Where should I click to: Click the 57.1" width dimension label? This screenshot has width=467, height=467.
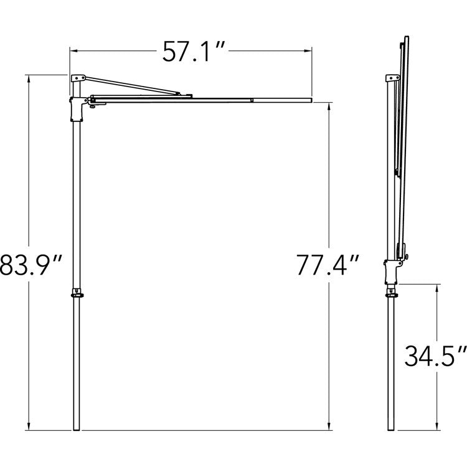click(x=193, y=52)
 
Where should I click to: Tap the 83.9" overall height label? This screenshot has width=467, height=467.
click(x=31, y=265)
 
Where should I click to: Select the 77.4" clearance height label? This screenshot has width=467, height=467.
click(x=328, y=265)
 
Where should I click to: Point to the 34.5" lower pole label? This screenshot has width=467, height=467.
click(x=435, y=356)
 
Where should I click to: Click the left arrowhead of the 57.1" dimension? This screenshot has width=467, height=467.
click(x=73, y=51)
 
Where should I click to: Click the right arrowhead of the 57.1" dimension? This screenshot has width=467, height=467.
click(x=308, y=51)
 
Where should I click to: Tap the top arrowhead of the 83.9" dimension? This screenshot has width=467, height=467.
click(x=29, y=78)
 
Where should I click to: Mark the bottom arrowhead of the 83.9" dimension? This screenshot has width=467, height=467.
click(x=29, y=427)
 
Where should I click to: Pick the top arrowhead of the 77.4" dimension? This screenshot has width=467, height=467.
click(x=329, y=106)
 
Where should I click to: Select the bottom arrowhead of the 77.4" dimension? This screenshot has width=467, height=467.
click(x=329, y=427)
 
